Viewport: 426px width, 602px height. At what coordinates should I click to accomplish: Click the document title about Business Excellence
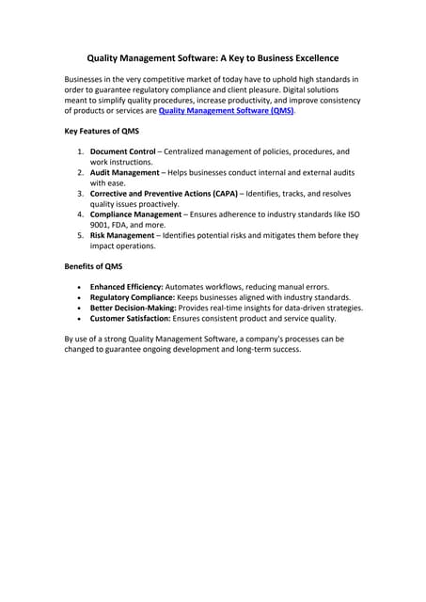(x=213, y=57)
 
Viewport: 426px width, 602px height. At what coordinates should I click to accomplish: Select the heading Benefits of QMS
(x=92, y=266)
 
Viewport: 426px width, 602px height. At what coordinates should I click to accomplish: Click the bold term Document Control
(x=122, y=150)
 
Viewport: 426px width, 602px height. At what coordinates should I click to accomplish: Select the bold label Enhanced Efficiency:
(x=126, y=286)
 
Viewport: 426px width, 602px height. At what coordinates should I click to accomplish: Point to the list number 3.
(x=80, y=193)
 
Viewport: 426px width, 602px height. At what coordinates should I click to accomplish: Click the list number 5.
(x=80, y=235)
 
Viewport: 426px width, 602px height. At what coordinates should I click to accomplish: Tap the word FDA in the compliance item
(x=128, y=225)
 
